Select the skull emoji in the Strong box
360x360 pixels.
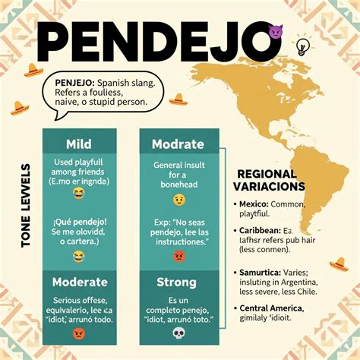(178, 333)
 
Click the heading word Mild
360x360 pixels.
(78, 144)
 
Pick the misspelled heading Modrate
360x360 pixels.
(178, 144)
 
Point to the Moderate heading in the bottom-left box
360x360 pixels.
(80, 282)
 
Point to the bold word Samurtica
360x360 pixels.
(260, 272)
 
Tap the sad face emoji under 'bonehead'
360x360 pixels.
(179, 200)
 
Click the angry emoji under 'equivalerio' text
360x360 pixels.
(79, 333)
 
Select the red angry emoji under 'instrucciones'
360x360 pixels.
(179, 256)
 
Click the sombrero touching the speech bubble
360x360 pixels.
(177, 99)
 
